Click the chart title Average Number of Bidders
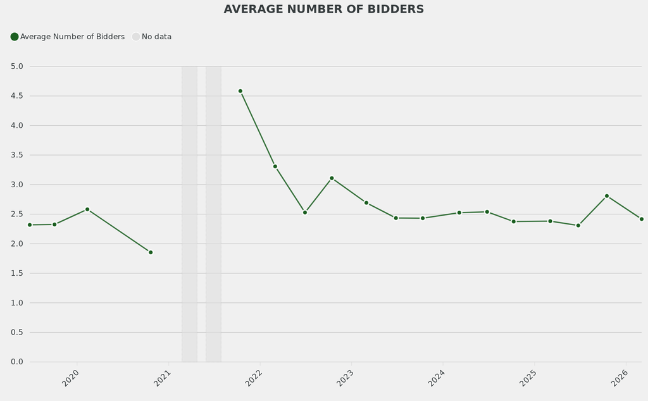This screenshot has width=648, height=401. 324,9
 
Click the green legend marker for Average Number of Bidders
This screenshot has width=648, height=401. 15,37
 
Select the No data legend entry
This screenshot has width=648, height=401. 152,37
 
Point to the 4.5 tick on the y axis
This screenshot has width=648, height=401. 17,96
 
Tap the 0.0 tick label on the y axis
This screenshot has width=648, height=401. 17,362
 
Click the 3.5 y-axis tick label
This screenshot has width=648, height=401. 17,155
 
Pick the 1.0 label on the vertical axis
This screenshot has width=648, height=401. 17,303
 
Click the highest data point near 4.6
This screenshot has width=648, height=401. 240,91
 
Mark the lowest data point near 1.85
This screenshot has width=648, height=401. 151,252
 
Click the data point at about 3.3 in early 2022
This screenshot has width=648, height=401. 275,166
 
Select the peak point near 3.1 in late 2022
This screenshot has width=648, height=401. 332,178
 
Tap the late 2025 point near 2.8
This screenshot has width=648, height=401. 607,196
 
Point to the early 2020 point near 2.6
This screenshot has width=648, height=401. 87,209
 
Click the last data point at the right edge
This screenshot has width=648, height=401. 641,219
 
